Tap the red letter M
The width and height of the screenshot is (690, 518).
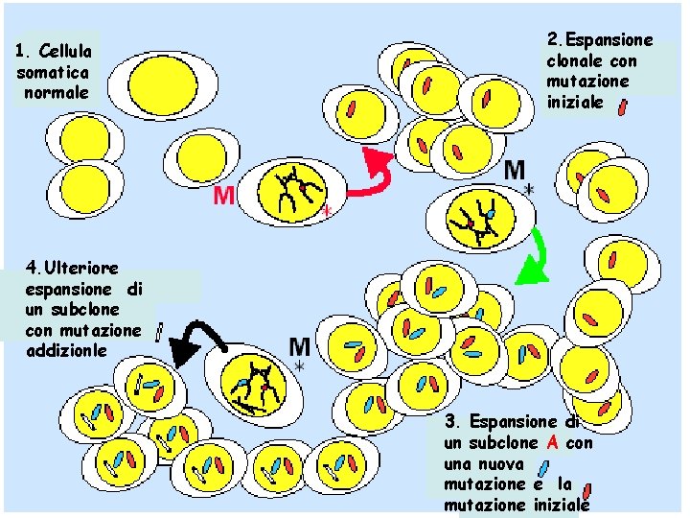[x=223, y=196]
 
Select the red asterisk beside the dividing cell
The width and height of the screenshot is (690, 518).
[x=326, y=210]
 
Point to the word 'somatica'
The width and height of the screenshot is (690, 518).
[x=53, y=71]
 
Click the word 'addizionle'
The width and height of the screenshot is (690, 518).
[x=68, y=351]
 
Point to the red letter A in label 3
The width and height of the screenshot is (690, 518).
[x=553, y=443]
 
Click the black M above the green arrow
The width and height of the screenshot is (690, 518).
[x=515, y=171]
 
